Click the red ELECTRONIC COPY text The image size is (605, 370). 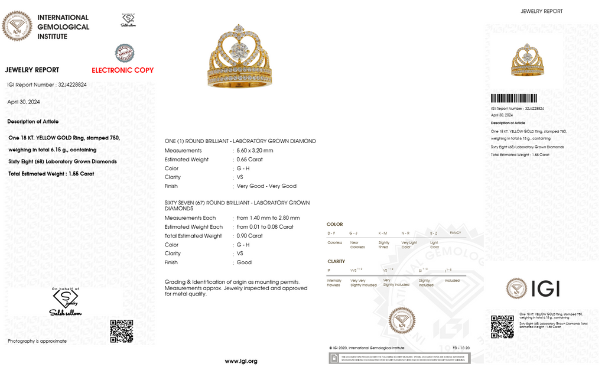122,70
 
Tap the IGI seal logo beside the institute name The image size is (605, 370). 17,27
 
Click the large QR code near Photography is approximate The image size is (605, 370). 121,331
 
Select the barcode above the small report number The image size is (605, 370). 514,99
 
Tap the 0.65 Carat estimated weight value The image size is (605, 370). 250,160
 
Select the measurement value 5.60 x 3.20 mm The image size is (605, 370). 255,151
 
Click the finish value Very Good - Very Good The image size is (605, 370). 266,186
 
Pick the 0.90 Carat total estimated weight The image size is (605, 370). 250,236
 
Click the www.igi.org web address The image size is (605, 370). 241,361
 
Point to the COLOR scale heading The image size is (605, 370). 334,225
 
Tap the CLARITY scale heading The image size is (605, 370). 336,261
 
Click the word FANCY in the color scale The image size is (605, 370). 455,233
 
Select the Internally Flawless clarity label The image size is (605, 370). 334,283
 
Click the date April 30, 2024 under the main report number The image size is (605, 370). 24,102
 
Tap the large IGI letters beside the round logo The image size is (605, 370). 545,289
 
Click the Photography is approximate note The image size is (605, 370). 37,341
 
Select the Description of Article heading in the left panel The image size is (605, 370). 33,122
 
